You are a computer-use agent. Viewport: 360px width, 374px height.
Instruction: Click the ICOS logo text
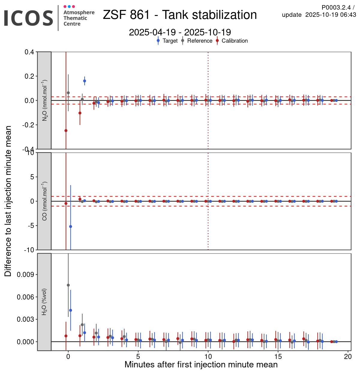[x=28, y=18]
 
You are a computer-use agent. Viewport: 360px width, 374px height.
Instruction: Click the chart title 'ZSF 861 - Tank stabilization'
[x=180, y=15]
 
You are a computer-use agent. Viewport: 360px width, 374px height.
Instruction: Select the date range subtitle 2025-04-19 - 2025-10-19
[x=180, y=32]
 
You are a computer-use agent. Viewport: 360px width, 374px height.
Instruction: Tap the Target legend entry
[x=170, y=41]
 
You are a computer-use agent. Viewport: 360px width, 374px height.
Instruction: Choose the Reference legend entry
[x=199, y=41]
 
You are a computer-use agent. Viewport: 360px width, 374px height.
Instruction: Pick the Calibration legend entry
[x=235, y=41]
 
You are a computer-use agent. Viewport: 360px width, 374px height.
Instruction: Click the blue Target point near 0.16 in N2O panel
[x=85, y=81]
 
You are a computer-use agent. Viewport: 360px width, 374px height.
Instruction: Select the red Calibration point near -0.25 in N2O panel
[x=66, y=131]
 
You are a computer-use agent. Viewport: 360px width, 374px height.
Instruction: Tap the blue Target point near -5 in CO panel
[x=70, y=227]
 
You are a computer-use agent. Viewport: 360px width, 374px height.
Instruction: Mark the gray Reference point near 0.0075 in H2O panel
[x=68, y=285]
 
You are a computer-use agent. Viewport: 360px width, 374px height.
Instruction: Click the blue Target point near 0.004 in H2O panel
[x=70, y=310]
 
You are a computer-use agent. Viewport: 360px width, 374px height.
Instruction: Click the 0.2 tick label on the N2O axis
[x=29, y=76]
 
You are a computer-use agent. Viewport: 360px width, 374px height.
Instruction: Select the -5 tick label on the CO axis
[x=31, y=226]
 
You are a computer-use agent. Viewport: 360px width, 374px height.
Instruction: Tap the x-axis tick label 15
[x=278, y=357]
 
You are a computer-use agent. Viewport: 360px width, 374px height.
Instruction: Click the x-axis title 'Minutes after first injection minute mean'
[x=201, y=365]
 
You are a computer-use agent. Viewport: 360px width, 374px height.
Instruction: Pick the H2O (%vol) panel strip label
[x=44, y=302]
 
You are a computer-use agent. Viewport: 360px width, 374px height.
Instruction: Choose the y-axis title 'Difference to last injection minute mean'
[x=8, y=201]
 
